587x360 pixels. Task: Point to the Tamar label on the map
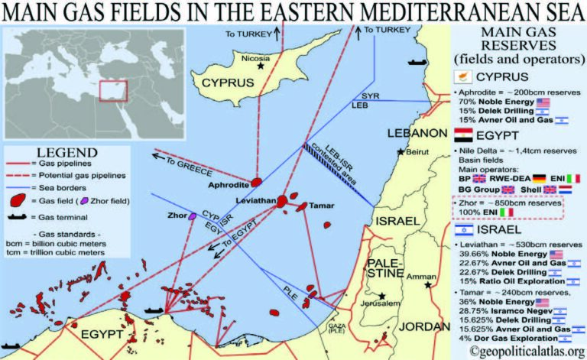[320, 206]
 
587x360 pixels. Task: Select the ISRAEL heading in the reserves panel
[501, 229]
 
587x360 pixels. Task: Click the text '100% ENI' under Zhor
[485, 213]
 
